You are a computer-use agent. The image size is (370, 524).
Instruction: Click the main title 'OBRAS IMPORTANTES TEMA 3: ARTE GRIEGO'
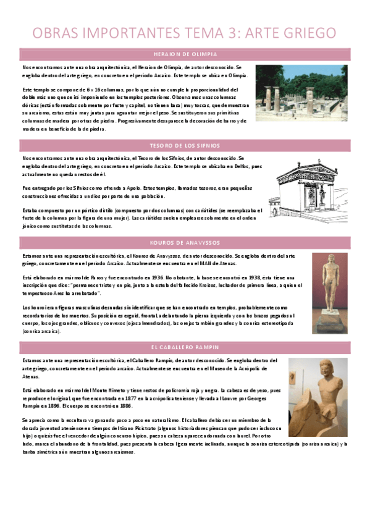pyautogui.click(x=185, y=33)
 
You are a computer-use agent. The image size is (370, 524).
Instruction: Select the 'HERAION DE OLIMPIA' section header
pyautogui.click(x=185, y=54)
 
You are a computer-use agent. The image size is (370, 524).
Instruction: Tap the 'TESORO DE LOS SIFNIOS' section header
pyautogui.click(x=185, y=146)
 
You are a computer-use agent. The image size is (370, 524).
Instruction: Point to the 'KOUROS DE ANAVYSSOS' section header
pyautogui.click(x=185, y=243)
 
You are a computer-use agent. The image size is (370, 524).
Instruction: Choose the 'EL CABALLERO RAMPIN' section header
pyautogui.click(x=185, y=347)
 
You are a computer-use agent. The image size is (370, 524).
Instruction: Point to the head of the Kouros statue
pyautogui.click(x=330, y=260)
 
